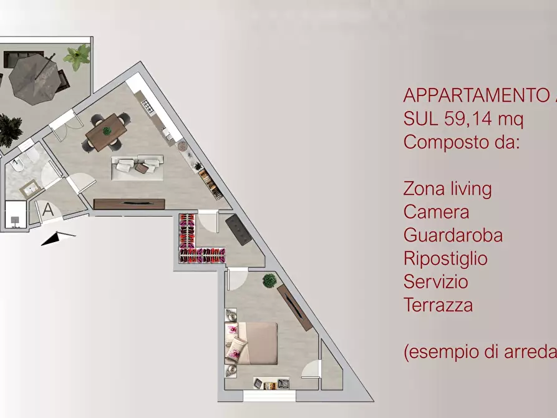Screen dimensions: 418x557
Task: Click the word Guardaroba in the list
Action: [453, 235]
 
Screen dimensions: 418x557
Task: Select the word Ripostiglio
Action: [445, 258]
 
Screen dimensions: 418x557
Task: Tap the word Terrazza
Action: [438, 305]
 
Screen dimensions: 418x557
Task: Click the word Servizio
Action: [435, 281]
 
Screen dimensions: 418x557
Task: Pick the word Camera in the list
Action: [436, 211]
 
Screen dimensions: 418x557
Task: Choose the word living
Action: [464, 188]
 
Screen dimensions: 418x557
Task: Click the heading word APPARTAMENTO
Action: [474, 95]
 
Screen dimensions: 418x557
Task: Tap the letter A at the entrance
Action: [48, 210]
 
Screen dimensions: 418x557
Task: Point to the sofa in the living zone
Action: [137, 167]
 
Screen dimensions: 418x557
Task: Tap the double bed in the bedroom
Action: [256, 343]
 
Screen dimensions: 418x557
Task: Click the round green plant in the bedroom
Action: [269, 280]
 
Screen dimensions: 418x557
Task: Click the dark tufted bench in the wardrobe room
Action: [238, 230]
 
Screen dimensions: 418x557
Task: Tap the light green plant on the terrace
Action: [77, 57]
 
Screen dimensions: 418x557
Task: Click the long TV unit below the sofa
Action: [129, 203]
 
